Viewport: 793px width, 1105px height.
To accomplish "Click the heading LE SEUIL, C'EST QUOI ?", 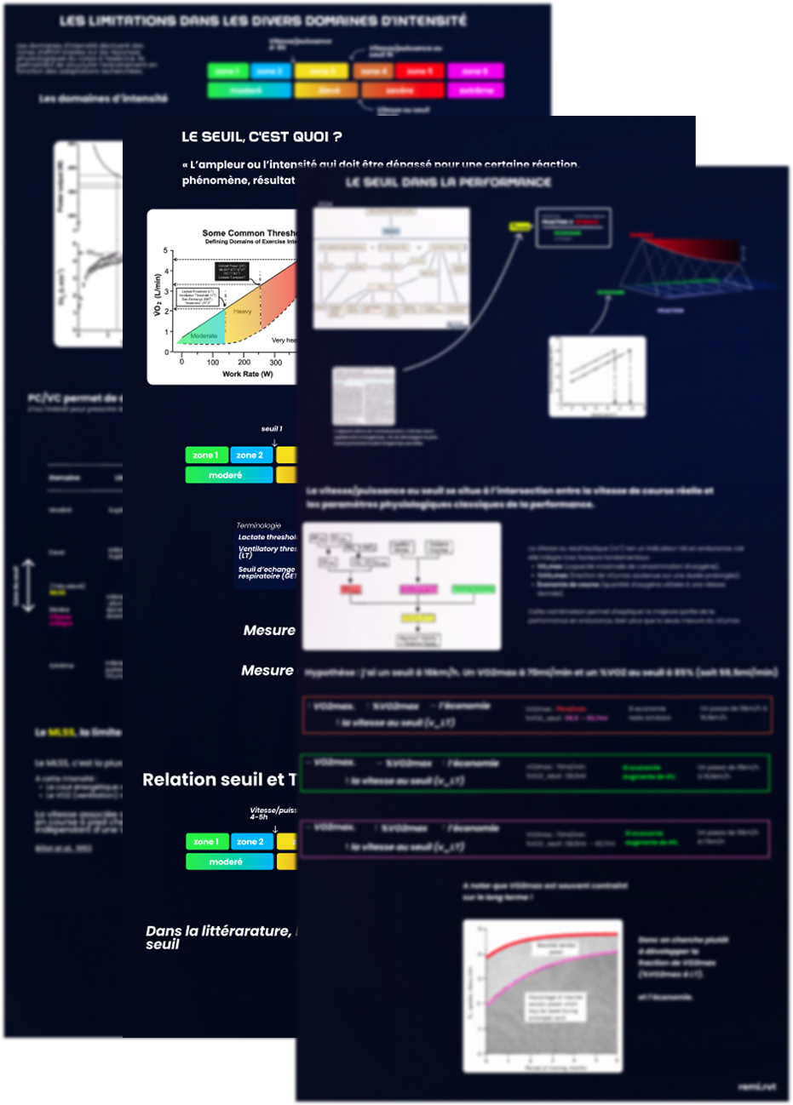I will (x=261, y=137).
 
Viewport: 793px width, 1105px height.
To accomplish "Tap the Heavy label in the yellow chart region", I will (x=243, y=312).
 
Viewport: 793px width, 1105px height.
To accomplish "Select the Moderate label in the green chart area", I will (x=204, y=336).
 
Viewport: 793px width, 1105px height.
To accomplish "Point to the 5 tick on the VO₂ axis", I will (x=166, y=251).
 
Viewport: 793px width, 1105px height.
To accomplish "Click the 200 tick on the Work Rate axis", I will (x=244, y=362).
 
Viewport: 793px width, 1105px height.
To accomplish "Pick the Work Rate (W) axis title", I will (x=247, y=374).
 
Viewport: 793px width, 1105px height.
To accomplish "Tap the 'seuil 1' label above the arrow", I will (x=272, y=429).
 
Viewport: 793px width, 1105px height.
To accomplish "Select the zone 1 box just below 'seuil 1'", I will (x=207, y=455).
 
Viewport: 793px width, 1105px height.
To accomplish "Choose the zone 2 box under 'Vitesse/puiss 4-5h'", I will (x=250, y=842).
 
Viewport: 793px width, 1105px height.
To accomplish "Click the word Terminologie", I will (x=258, y=525).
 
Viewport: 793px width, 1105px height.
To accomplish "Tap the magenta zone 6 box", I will (x=475, y=72).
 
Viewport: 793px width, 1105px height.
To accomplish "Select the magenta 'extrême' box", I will (x=475, y=90).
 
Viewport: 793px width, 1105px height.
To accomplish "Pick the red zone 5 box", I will (x=419, y=72).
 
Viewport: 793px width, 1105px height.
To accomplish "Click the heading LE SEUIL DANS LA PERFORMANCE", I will (x=449, y=182).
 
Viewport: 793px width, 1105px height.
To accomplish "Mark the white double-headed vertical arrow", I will (x=27, y=585).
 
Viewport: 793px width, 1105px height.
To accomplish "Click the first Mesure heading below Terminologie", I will (x=269, y=631).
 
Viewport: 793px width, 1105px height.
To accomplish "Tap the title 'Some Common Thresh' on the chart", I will (x=250, y=232).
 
